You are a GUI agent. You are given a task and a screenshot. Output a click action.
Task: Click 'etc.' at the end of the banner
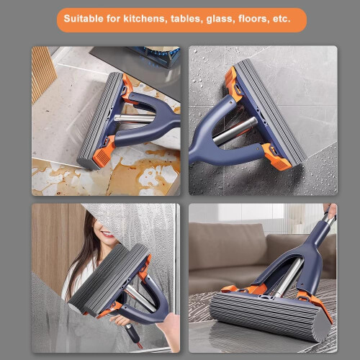(282, 19)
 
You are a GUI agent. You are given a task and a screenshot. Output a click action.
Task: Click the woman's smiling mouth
(107, 234)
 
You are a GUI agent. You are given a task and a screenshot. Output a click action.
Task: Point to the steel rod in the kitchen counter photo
(135, 118)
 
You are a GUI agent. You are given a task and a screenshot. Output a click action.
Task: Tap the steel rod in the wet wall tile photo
(235, 131)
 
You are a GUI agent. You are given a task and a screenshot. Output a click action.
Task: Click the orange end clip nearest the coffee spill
(103, 153)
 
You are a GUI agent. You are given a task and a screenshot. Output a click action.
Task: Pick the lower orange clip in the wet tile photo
(276, 156)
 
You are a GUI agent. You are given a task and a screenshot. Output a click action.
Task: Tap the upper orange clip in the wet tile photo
(233, 81)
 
